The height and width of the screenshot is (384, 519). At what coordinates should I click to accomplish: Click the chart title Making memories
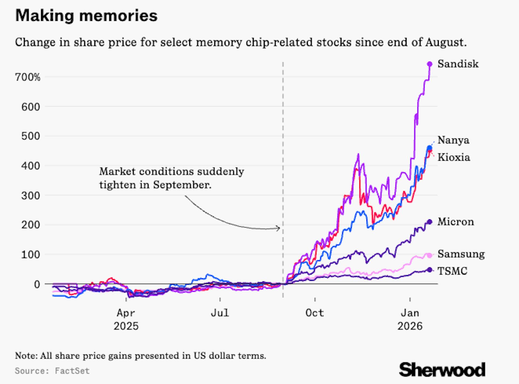[86, 15]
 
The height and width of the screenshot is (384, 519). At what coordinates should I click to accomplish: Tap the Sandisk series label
[458, 64]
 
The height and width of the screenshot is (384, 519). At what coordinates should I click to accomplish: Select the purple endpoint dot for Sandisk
[430, 64]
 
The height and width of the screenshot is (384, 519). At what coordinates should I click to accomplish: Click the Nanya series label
[453, 140]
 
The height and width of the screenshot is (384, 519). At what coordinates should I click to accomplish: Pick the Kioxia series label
[454, 157]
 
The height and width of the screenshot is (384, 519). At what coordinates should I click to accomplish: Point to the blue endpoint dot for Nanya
[429, 148]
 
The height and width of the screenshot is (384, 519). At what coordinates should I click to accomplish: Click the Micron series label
[455, 222]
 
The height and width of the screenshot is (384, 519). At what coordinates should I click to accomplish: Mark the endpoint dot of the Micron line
[430, 222]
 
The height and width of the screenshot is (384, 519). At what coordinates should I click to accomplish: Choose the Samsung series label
[461, 254]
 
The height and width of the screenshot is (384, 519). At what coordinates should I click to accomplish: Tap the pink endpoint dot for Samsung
[429, 255]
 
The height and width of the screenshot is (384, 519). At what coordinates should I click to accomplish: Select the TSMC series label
[452, 271]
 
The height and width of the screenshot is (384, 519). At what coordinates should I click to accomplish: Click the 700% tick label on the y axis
[27, 77]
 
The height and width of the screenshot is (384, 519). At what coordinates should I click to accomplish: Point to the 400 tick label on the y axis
[31, 166]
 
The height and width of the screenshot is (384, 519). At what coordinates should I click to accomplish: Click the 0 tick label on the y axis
[37, 284]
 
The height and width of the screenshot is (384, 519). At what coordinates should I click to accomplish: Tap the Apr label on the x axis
[126, 313]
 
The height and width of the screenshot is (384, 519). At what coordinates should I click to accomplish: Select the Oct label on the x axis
[315, 313]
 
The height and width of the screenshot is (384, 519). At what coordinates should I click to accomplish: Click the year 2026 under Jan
[410, 326]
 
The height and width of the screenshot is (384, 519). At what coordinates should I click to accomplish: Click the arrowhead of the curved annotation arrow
[279, 228]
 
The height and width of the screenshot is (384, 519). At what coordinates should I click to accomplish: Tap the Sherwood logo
[442, 370]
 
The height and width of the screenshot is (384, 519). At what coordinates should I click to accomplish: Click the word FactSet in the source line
[72, 371]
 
